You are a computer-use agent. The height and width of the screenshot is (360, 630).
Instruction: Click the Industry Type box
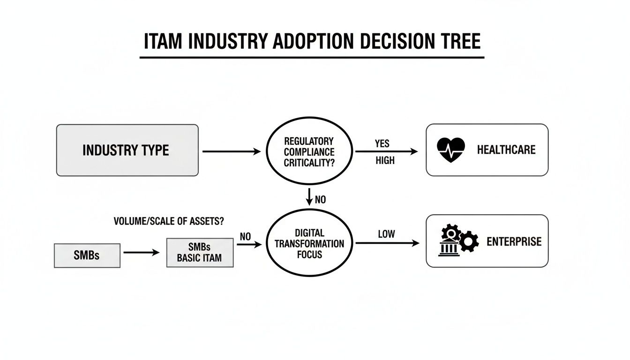click(127, 150)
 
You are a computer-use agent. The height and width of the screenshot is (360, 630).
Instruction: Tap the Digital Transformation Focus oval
click(309, 243)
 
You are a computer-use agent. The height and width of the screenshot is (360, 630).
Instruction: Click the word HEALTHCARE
click(506, 150)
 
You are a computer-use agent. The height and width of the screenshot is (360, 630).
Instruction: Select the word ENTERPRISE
click(514, 241)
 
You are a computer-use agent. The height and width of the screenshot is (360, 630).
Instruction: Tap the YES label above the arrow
click(382, 143)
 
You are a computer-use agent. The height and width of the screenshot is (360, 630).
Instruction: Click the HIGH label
click(385, 161)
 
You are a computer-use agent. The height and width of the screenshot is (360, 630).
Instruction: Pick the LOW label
click(386, 233)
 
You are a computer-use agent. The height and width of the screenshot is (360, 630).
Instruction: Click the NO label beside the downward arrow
click(320, 200)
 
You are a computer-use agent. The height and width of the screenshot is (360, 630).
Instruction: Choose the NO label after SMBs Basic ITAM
click(245, 237)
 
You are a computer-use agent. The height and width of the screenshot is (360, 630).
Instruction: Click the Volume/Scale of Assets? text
click(168, 222)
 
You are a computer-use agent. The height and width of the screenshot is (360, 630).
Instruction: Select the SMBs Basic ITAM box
click(200, 253)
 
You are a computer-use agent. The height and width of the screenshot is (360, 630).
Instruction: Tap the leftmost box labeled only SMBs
click(87, 255)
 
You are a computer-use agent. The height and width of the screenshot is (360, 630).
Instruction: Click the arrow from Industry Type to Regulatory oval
click(231, 151)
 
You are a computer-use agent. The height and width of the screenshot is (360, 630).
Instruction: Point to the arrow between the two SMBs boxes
click(142, 253)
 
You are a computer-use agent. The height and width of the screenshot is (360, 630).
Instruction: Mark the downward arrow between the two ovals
click(309, 196)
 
